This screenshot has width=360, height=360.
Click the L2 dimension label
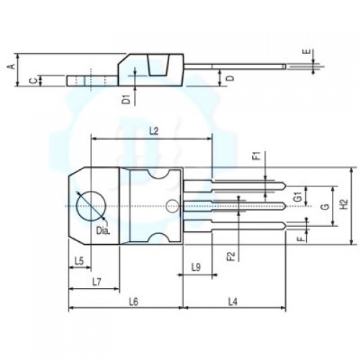pyautogui.click(x=154, y=131)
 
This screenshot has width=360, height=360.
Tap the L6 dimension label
pyautogui.click(x=133, y=302)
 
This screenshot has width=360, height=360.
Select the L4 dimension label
pyautogui.click(x=233, y=302)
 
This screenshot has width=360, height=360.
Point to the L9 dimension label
pyautogui.click(x=196, y=267)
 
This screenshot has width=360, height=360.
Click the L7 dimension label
pyautogui.click(x=97, y=282)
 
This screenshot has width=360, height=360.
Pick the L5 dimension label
pyautogui.click(x=79, y=261)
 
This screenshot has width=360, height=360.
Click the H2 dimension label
pyautogui.click(x=345, y=204)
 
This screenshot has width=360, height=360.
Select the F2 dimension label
pyautogui.click(x=230, y=256)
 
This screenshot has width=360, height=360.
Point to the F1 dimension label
pyautogui.click(x=258, y=156)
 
